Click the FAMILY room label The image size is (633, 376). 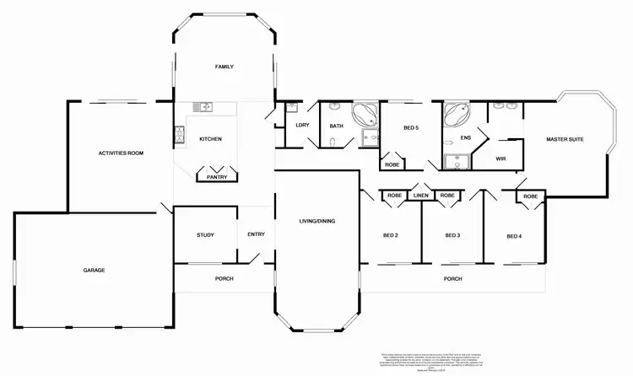pyautogui.click(x=224, y=67)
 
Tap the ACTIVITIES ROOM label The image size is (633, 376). pyautogui.click(x=122, y=153)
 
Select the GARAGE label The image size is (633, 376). pyautogui.click(x=94, y=271)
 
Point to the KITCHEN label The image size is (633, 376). pyautogui.click(x=210, y=139)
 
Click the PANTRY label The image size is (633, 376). pyautogui.click(x=217, y=177)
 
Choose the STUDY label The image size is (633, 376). pyautogui.click(x=205, y=235)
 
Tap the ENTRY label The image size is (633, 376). pyautogui.click(x=256, y=235)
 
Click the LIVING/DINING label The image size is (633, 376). pyautogui.click(x=317, y=222)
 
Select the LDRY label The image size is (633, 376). pyautogui.click(x=301, y=126)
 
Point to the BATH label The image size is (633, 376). pyautogui.click(x=336, y=126)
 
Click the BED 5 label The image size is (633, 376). pyautogui.click(x=411, y=127)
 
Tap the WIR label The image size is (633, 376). pyautogui.click(x=500, y=158)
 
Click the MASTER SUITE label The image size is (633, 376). pyautogui.click(x=565, y=138)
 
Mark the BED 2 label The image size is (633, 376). pyautogui.click(x=391, y=235)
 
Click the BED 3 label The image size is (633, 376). pyautogui.click(x=452, y=235)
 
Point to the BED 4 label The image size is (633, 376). pyautogui.click(x=514, y=236)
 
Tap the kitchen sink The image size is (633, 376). pyautogui.click(x=203, y=107)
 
